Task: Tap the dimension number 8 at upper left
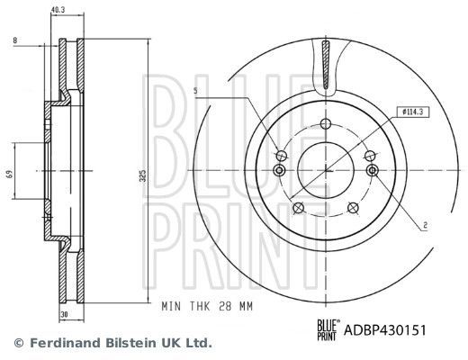point(15,40)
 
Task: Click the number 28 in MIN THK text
point(220,307)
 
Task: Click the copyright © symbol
point(18,343)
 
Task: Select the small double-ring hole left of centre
point(278,171)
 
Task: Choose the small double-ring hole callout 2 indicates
point(372,170)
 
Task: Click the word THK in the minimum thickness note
point(194,307)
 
